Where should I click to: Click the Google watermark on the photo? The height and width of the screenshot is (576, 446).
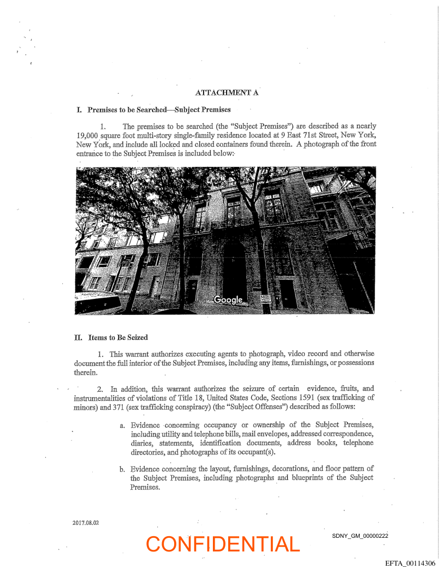[228, 299]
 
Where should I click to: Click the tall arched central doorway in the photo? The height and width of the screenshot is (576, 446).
[234, 270]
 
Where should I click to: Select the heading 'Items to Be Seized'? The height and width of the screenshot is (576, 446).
[116, 338]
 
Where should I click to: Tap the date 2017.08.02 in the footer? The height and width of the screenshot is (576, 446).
[86, 523]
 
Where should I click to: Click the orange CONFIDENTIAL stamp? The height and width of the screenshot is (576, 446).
[223, 544]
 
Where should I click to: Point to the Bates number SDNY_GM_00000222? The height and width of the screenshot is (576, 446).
[360, 536]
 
